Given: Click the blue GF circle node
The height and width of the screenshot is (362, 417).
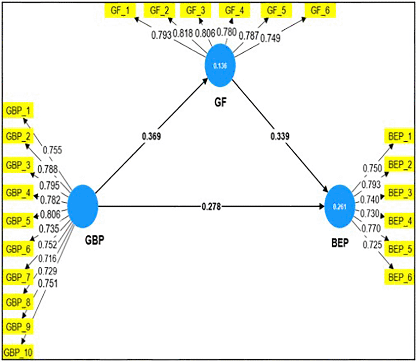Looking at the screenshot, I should (x=220, y=66).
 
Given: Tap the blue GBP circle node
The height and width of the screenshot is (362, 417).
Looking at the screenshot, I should (x=82, y=206).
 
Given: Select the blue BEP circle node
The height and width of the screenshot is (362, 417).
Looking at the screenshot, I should (x=340, y=207).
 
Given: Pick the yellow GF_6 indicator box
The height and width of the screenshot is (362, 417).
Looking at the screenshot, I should (x=320, y=10).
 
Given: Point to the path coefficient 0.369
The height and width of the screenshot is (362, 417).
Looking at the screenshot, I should (x=151, y=136).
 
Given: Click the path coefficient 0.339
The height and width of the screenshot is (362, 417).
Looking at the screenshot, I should (x=280, y=136).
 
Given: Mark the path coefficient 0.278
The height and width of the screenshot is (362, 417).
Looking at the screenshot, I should (x=211, y=206).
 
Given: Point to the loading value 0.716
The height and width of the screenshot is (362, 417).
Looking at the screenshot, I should (x=48, y=259).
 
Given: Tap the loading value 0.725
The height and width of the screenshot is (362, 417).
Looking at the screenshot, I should (x=373, y=244).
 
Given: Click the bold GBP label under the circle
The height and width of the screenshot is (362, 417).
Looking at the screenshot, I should (x=95, y=241).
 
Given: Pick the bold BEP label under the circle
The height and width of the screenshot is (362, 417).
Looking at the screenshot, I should (x=340, y=243).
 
